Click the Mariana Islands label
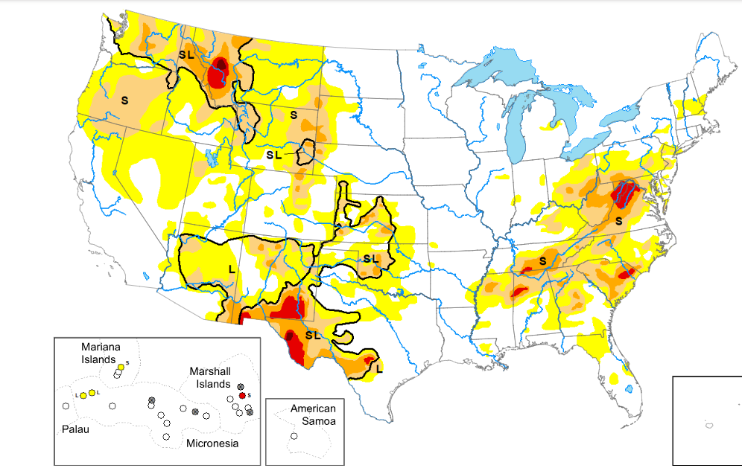pos(100,353)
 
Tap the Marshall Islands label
pos(211,377)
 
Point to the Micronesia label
pos(212,443)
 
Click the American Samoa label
pos(313,414)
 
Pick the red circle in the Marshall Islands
pos(242,394)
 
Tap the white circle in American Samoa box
pos(294,436)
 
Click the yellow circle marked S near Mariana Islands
pos(121,368)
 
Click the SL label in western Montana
pos(185,55)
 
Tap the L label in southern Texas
pos(379,368)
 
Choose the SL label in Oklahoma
pos(371,258)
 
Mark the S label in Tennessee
pos(542,260)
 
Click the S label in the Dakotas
pos(294,115)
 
